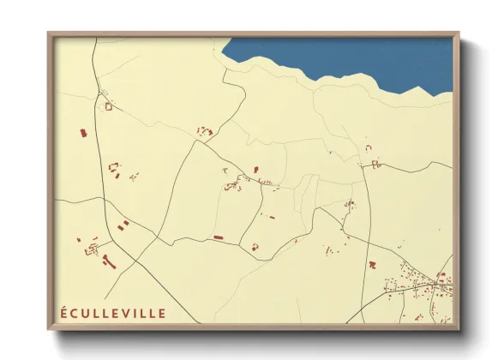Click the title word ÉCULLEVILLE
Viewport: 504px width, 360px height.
click(113, 313)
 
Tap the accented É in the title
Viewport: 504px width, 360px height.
click(64, 313)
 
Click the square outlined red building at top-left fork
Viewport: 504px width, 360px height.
click(109, 106)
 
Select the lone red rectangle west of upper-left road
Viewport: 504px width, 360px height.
click(82, 133)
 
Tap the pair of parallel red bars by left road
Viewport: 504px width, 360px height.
click(124, 225)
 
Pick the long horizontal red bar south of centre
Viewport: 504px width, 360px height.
click(218, 237)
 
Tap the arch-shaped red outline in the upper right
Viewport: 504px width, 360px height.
click(369, 147)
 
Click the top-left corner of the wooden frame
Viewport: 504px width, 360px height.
click(49, 33)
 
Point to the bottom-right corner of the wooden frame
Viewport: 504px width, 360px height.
click(458, 328)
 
